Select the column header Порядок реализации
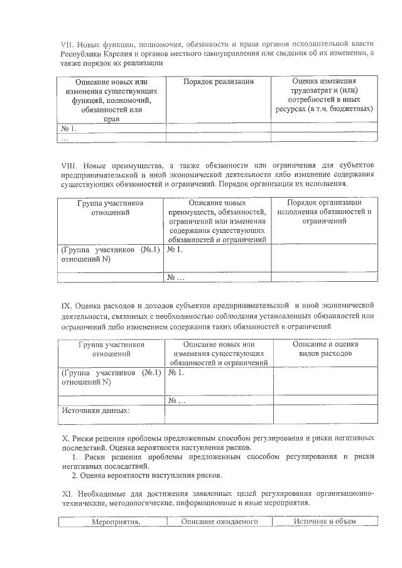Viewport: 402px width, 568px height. pos(219,82)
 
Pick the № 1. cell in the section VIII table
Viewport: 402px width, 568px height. pos(175,250)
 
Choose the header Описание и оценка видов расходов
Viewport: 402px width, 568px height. pos(325,349)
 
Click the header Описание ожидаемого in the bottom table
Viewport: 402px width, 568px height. pos(220,522)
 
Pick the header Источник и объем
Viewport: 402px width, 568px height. pos(325,522)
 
